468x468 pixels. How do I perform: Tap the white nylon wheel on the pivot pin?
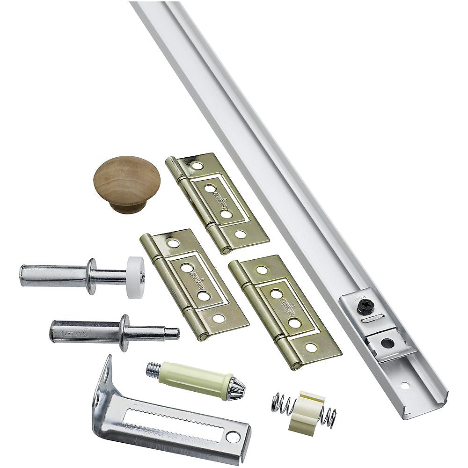pyautogui.click(x=135, y=277)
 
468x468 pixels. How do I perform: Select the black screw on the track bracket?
pyautogui.click(x=365, y=307)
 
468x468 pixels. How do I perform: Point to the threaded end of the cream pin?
pyautogui.click(x=154, y=370)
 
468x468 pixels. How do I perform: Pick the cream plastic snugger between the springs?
pyautogui.click(x=306, y=412)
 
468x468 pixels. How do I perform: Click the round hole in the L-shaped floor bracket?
pyautogui.click(x=232, y=436)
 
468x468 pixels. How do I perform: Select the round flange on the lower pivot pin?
pyautogui.click(x=124, y=333)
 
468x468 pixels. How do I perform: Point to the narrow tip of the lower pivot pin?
pyautogui.click(x=171, y=333)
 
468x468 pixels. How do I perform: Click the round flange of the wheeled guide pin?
pyautogui.click(x=92, y=276)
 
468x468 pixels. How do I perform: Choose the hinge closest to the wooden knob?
pyautogui.click(x=217, y=202)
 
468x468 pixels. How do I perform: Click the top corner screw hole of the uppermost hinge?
pyautogui.click(x=197, y=166)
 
